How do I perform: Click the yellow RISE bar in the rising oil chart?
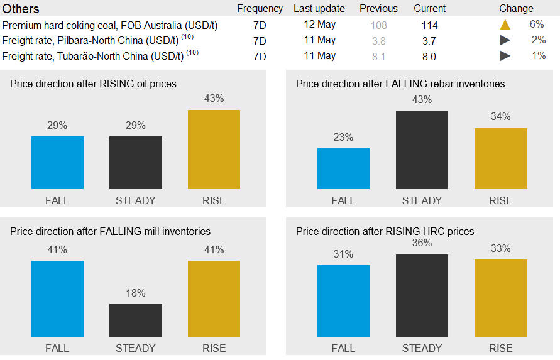tap(214, 150)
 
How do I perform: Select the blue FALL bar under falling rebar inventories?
tap(343, 168)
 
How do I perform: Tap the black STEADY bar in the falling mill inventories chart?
tap(135, 320)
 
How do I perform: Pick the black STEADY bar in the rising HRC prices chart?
tap(422, 295)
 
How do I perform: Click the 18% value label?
tap(135, 293)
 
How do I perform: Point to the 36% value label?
tap(422, 243)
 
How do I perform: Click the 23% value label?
tap(343, 137)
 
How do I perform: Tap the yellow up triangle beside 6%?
tap(505, 25)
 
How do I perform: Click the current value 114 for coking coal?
tap(430, 26)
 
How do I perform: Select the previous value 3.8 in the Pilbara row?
tap(379, 41)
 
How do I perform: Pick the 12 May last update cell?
tap(319, 25)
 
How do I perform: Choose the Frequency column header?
tap(260, 9)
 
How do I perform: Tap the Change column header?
tap(516, 9)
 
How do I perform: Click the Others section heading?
tap(21, 9)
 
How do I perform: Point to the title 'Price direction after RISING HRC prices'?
tap(385, 231)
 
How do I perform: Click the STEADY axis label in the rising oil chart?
tap(135, 200)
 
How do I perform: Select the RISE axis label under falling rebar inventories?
tap(500, 200)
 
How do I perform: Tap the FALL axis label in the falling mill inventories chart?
tap(57, 348)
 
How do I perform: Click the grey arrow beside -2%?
tap(505, 41)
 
